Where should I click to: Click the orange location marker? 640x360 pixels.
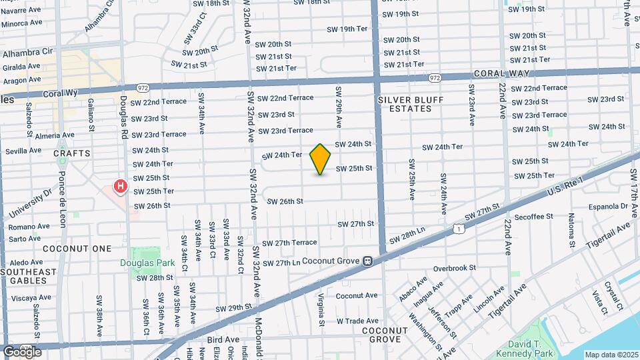tap(321, 159)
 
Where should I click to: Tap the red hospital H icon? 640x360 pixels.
tap(120, 186)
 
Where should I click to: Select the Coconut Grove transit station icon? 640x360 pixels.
tap(367, 261)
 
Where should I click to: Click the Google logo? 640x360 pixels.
tap(21, 351)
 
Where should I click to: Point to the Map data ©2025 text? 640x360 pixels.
tap(611, 355)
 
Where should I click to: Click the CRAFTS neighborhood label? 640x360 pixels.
tap(72, 153)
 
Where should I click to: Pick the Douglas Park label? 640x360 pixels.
tap(147, 263)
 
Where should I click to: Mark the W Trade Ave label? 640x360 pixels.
tap(358, 321)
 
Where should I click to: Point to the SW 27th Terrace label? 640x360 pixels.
tap(289, 243)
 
